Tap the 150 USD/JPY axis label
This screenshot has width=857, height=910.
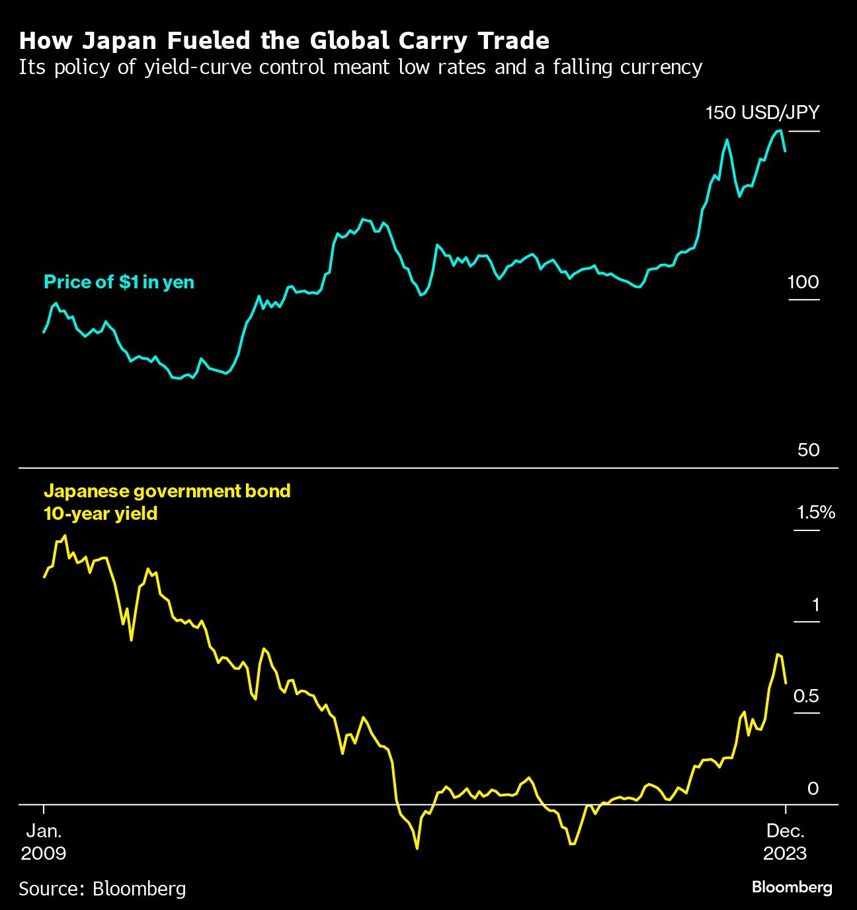(762, 112)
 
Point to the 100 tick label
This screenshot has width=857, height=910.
(803, 282)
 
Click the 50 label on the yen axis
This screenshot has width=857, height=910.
(808, 450)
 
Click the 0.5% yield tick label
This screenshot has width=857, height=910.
(806, 696)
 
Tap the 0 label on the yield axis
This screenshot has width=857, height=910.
(813, 788)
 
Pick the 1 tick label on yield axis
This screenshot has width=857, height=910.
(815, 604)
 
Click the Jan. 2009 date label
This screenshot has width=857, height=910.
(44, 842)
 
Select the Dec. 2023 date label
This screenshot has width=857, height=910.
(785, 842)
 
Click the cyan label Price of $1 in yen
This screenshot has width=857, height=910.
(119, 282)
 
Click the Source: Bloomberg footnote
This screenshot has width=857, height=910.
(102, 888)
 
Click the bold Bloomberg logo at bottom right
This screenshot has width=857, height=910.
(792, 887)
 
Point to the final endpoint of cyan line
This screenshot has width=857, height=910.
(785, 151)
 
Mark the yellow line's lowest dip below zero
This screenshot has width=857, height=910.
(417, 848)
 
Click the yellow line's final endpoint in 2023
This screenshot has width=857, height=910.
(785, 683)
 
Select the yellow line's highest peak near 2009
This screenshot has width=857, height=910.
(64, 536)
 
